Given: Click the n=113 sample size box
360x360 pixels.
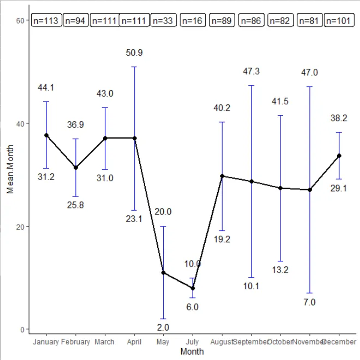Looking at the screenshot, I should [x=46, y=21].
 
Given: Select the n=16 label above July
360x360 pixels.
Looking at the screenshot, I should [x=192, y=21].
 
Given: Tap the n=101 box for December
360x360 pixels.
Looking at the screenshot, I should [x=338, y=21].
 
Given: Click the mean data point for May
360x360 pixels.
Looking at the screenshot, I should [x=163, y=272].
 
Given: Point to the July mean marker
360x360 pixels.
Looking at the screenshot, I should [x=193, y=288].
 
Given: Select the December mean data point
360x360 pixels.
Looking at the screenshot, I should [x=339, y=155].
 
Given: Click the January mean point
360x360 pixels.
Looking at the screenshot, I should [x=46, y=135].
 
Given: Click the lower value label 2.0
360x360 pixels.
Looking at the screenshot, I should [x=163, y=327].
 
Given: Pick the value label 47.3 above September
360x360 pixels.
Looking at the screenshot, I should [x=251, y=71].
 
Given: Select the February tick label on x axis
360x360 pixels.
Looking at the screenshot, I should [x=76, y=342].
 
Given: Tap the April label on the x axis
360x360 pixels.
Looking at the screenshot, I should [x=134, y=342].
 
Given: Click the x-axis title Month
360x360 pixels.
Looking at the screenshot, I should [x=192, y=352].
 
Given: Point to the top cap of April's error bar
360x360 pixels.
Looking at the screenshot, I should [x=134, y=67].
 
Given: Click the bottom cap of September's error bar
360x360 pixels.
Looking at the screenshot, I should [x=251, y=277].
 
